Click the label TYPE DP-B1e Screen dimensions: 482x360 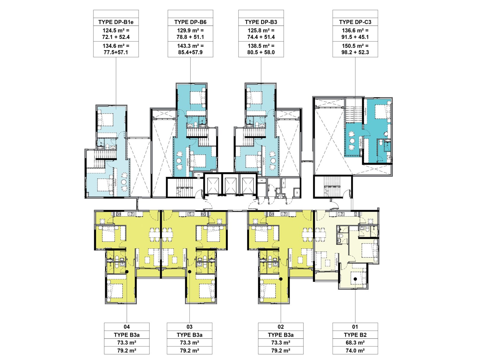point(116,22)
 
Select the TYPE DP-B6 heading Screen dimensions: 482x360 point(190,22)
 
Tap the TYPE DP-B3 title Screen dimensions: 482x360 point(261,22)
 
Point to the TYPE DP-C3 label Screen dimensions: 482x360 point(355,22)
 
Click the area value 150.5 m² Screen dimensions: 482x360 point(355,46)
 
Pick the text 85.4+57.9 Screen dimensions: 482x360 point(190,52)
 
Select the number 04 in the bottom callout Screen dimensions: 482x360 point(127,327)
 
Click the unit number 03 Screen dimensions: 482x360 point(189,327)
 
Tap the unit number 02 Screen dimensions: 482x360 point(281,327)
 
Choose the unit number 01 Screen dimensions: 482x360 point(355,327)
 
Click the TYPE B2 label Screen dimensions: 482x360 point(355,335)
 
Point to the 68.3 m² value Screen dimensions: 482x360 point(355,343)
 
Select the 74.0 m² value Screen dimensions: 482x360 point(355,351)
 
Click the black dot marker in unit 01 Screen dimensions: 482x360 point(355,279)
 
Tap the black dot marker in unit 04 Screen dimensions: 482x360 point(127,272)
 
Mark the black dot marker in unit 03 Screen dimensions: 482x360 point(190,272)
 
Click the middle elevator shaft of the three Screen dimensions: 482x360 point(230,184)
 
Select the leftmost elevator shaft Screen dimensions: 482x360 point(213,184)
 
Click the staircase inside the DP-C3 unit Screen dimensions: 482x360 point(354,114)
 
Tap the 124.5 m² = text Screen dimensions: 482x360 point(116,30)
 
